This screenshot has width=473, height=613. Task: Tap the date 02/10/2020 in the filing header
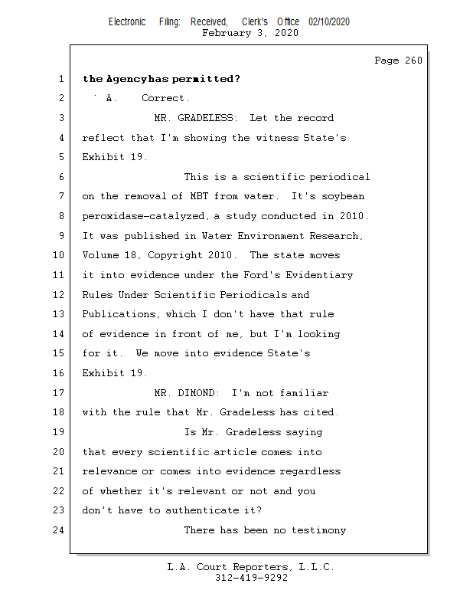[329, 22]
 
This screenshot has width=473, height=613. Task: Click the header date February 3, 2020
[250, 33]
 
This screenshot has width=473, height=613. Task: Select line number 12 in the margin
[59, 295]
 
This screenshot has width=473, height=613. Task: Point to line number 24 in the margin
[59, 530]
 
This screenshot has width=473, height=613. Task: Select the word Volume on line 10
[100, 255]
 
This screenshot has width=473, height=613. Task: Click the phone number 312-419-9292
[251, 579]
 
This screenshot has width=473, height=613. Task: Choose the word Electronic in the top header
[127, 22]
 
